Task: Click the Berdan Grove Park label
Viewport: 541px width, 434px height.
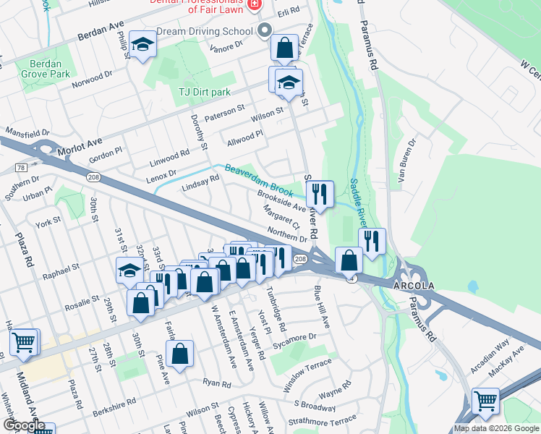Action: pos(41,69)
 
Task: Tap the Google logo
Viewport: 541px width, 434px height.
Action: pos(24,425)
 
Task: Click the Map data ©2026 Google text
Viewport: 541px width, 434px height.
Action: pos(495,428)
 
